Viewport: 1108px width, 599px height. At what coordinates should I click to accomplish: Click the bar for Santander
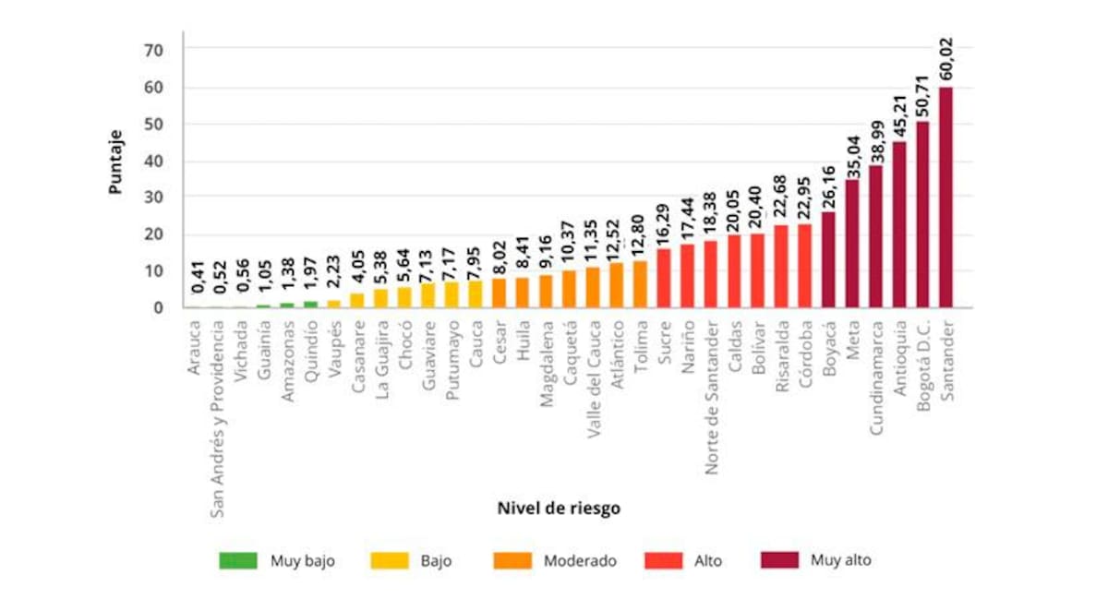pyautogui.click(x=945, y=198)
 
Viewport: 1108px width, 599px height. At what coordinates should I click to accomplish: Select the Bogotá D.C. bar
pyautogui.click(x=922, y=214)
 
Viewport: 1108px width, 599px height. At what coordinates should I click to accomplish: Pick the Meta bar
pyautogui.click(x=851, y=244)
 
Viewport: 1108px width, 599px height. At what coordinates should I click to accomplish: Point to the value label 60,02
pyautogui.click(x=945, y=57)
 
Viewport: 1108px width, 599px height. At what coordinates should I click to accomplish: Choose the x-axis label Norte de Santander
pyautogui.click(x=711, y=397)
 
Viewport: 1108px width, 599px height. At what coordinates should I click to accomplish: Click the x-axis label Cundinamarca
pyautogui.click(x=875, y=377)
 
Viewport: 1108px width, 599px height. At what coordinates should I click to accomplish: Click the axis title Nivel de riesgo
pyautogui.click(x=559, y=509)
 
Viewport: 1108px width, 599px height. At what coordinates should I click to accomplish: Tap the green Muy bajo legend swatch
pyautogui.click(x=238, y=560)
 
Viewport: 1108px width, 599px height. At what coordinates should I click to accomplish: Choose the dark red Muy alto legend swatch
pyautogui.click(x=779, y=560)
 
